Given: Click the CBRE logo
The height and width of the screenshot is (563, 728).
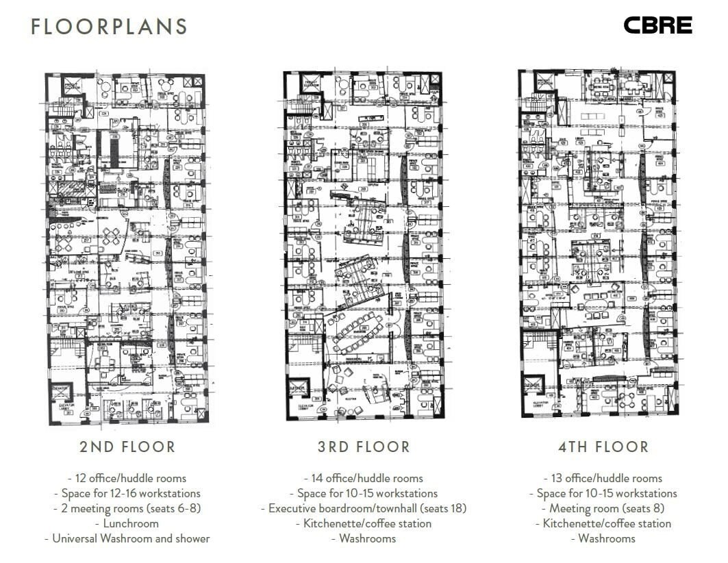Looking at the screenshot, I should (657, 26).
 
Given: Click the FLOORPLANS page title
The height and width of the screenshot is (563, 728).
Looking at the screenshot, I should (109, 27).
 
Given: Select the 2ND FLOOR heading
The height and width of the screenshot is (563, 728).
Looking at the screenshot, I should (127, 447).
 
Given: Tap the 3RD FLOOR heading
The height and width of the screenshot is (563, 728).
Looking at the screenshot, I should (364, 447).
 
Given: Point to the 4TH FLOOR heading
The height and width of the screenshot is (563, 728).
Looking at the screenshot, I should (603, 447).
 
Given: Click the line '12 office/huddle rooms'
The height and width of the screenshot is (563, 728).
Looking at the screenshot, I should (127, 478).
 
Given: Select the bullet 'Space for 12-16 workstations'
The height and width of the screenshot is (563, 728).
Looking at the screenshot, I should (127, 493).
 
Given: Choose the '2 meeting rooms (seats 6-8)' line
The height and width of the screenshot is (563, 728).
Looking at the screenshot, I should (127, 508).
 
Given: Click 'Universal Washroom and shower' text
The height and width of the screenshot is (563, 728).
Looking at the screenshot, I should (127, 538).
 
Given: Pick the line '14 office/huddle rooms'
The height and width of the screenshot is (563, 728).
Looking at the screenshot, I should (364, 478).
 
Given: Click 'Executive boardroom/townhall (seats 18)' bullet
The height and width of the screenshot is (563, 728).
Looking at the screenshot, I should (364, 508).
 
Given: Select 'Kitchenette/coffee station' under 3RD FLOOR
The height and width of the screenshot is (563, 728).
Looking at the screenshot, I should (364, 523).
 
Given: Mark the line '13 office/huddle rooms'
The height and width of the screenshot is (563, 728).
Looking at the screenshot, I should (603, 478).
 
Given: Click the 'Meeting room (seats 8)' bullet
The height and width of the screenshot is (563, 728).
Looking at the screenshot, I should (603, 508).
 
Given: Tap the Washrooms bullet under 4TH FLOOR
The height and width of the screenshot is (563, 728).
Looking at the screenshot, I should (603, 538).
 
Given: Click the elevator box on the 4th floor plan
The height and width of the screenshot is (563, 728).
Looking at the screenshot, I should (534, 385).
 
